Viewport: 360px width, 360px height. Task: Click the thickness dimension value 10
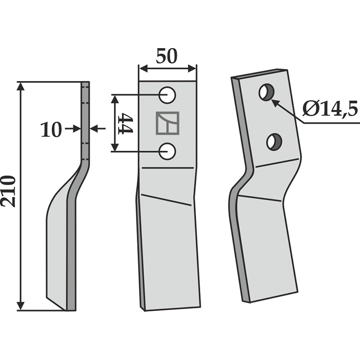[51, 130]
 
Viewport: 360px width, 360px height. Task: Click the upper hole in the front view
[168, 95]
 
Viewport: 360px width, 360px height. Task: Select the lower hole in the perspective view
[273, 142]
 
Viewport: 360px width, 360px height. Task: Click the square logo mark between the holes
[167, 123]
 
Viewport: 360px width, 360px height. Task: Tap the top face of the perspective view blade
[260, 74]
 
